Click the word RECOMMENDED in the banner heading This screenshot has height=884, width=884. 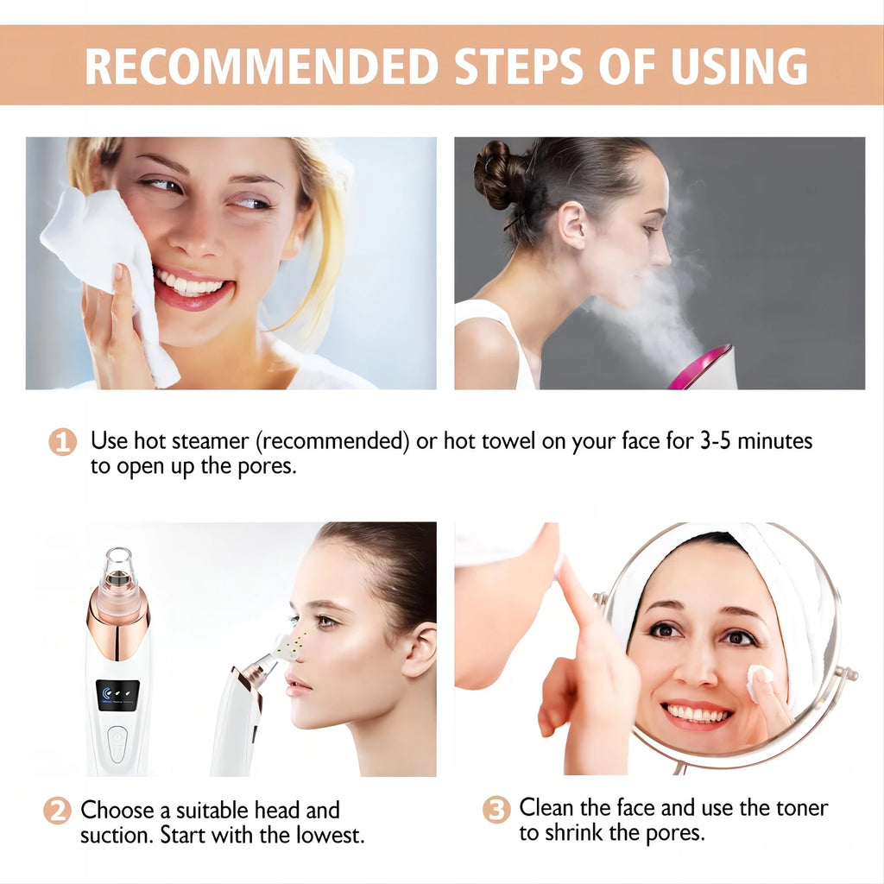[250, 66]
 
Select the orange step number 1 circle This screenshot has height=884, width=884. [62, 443]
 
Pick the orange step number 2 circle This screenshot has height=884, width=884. [57, 811]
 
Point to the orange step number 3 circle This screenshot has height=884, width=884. [496, 810]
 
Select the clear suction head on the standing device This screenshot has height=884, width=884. [120, 570]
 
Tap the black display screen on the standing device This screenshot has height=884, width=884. [117, 695]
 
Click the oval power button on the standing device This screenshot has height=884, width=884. [117, 743]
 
